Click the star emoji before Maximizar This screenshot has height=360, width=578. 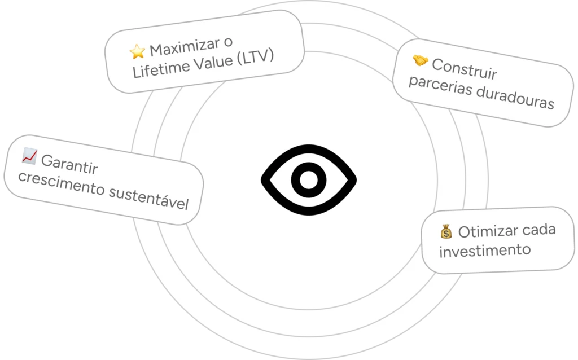(x=137, y=52)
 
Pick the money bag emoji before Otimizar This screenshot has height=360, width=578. (x=446, y=232)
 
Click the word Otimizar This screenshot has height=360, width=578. (x=481, y=231)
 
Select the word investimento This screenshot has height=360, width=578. (x=485, y=250)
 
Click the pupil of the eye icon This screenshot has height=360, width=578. (x=308, y=179)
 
